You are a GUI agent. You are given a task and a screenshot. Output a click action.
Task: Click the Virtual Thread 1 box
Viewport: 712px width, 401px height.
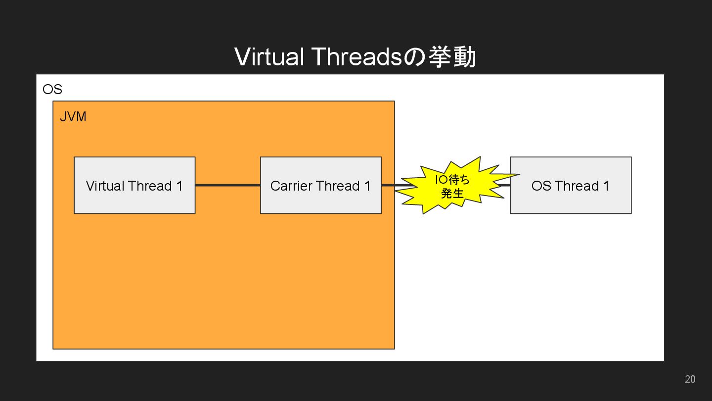click(x=134, y=185)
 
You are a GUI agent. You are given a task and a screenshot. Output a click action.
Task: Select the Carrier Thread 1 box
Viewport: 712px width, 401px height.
click(x=320, y=185)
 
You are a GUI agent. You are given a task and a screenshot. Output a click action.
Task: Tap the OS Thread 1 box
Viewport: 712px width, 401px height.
click(x=571, y=185)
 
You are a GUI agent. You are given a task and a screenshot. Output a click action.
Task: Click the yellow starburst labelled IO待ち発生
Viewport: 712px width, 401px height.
click(x=453, y=186)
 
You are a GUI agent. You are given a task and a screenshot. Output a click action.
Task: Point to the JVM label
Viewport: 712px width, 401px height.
click(x=73, y=117)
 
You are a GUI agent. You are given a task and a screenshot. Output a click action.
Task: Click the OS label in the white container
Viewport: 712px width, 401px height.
click(x=52, y=90)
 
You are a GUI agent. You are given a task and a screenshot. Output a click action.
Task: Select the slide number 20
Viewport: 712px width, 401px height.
click(x=690, y=379)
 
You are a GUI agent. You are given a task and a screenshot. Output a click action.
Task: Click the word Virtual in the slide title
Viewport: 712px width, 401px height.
click(x=268, y=56)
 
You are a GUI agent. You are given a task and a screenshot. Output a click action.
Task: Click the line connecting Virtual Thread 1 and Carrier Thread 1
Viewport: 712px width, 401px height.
click(x=227, y=185)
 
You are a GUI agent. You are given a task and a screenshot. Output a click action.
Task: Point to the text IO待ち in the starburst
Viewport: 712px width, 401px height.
click(x=452, y=179)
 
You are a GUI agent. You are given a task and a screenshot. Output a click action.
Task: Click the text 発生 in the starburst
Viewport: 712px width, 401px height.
click(x=452, y=193)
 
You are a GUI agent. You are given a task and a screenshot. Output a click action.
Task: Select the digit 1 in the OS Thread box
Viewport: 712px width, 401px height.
click(x=606, y=186)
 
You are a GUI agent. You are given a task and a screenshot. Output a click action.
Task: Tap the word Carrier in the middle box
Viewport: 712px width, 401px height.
click(x=291, y=186)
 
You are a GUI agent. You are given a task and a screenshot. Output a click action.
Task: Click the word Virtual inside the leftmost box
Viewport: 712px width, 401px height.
click(x=105, y=186)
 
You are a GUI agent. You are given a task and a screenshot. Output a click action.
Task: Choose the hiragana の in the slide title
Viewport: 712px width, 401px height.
click(x=414, y=57)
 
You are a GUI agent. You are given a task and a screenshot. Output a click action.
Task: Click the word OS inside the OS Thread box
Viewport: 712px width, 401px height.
click(x=541, y=186)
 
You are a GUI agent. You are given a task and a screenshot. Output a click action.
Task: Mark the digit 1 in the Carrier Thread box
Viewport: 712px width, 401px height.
click(x=367, y=186)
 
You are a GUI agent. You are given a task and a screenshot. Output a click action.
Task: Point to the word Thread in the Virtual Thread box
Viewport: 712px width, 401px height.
click(x=150, y=186)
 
